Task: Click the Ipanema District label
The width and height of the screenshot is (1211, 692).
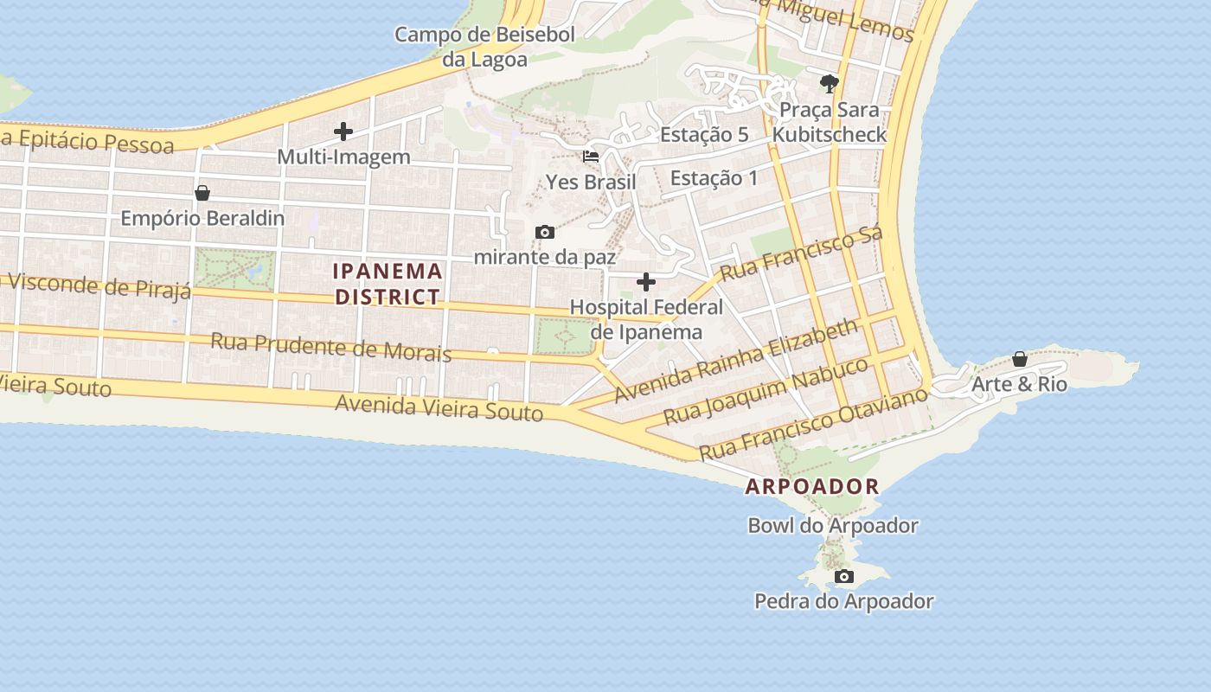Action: (x=388, y=284)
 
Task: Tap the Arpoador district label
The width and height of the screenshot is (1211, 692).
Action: (x=812, y=486)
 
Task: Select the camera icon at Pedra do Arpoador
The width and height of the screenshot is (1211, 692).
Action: (x=843, y=576)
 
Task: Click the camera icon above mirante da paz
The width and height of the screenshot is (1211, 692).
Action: (x=545, y=232)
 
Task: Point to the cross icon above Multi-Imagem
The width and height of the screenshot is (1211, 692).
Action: (x=343, y=131)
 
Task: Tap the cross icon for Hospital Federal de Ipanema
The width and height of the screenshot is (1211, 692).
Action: (x=646, y=282)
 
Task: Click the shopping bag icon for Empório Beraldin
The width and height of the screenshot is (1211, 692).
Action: (x=202, y=192)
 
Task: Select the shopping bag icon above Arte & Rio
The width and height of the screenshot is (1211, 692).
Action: (x=1020, y=359)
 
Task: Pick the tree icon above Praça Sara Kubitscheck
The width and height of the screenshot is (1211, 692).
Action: (x=830, y=84)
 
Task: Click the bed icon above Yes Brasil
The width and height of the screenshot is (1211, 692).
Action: (x=591, y=157)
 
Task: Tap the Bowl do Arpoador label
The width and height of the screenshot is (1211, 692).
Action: (x=833, y=525)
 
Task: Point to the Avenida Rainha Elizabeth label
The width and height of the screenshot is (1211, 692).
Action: (x=737, y=360)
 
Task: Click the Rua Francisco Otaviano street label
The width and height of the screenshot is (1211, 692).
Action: (x=813, y=424)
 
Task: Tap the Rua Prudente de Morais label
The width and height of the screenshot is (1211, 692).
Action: (x=331, y=346)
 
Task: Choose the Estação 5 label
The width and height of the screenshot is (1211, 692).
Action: (x=704, y=135)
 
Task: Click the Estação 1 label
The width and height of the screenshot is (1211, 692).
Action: (x=714, y=178)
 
